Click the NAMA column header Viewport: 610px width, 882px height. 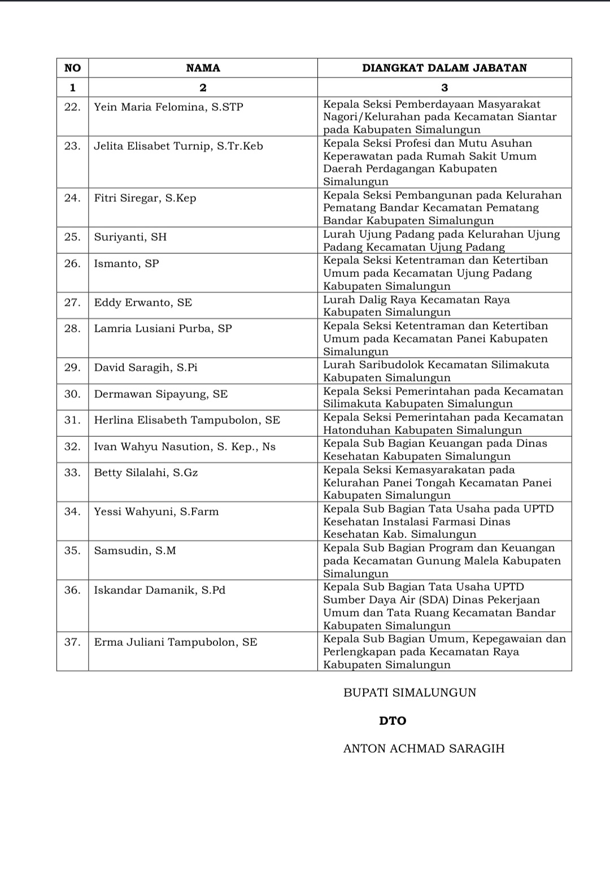pyautogui.click(x=203, y=68)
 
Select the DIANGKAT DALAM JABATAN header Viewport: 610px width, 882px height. pyautogui.click(x=444, y=68)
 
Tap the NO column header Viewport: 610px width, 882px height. pyautogui.click(x=72, y=68)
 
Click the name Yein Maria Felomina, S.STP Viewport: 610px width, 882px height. pyautogui.click(x=168, y=107)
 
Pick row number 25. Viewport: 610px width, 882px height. pyautogui.click(x=72, y=237)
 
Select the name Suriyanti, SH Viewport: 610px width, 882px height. pyautogui.click(x=130, y=237)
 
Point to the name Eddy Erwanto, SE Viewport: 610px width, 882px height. pyautogui.click(x=143, y=302)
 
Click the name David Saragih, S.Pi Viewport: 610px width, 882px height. pyautogui.click(x=146, y=367)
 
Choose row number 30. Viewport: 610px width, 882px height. pyautogui.click(x=72, y=394)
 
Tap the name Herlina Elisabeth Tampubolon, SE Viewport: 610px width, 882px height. pyautogui.click(x=187, y=420)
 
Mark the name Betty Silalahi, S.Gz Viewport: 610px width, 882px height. pyautogui.click(x=146, y=472)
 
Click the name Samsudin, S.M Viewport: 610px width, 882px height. pyautogui.click(x=135, y=550)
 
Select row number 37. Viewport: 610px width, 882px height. pyautogui.click(x=72, y=642)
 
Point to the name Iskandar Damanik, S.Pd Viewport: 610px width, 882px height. pyautogui.click(x=159, y=590)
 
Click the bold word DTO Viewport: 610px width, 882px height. pyautogui.click(x=393, y=720)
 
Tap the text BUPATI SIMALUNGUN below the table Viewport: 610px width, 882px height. pyautogui.click(x=409, y=692)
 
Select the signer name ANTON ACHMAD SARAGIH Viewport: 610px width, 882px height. pyautogui.click(x=424, y=748)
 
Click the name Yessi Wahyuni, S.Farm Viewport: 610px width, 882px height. pyautogui.click(x=156, y=511)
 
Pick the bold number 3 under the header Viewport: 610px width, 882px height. pyautogui.click(x=444, y=88)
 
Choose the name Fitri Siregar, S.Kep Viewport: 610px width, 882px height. pyautogui.click(x=145, y=198)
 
